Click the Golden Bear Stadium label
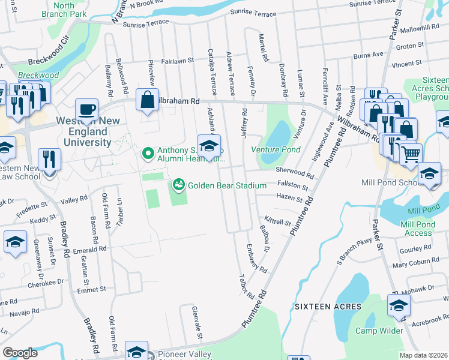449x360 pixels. coord(227,185)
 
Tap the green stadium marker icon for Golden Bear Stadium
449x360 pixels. coord(178,184)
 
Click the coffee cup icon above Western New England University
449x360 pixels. coord(86,110)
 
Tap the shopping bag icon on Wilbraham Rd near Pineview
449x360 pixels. coord(147,100)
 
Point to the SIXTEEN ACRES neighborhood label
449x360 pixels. coord(328,307)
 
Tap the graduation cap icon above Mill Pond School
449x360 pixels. coord(429,173)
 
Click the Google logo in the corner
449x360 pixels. coord(20,353)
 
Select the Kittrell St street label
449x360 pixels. coord(276,222)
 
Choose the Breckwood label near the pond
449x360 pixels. coord(38,75)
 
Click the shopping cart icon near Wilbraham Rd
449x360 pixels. coord(411,154)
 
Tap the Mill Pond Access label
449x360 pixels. coord(414,229)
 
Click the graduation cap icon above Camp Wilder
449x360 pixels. coord(399,306)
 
